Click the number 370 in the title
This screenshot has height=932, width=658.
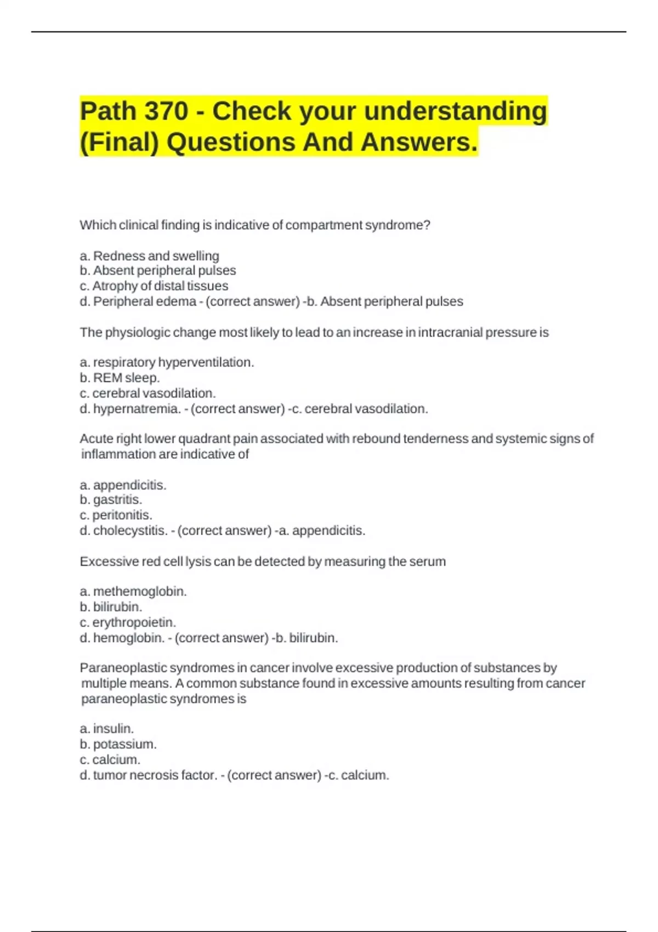pyautogui.click(x=166, y=111)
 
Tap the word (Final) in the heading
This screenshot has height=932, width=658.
pyautogui.click(x=119, y=143)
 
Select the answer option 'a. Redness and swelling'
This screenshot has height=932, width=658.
pyautogui.click(x=149, y=256)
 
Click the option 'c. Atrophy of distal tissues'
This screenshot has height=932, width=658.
pyautogui.click(x=154, y=286)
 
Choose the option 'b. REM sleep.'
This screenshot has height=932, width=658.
pyautogui.click(x=120, y=378)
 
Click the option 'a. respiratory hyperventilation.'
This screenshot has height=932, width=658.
pyautogui.click(x=167, y=362)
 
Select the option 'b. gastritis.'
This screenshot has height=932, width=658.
pyautogui.click(x=111, y=500)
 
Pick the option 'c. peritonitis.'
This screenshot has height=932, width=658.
pyautogui.click(x=116, y=515)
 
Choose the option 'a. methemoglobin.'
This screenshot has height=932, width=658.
pyautogui.click(x=133, y=592)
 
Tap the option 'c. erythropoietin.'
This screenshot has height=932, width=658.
pyautogui.click(x=128, y=623)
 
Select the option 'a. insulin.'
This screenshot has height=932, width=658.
pyautogui.click(x=107, y=729)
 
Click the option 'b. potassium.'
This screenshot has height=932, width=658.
pyautogui.click(x=118, y=745)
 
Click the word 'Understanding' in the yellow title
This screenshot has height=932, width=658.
pyautogui.click(x=455, y=111)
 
